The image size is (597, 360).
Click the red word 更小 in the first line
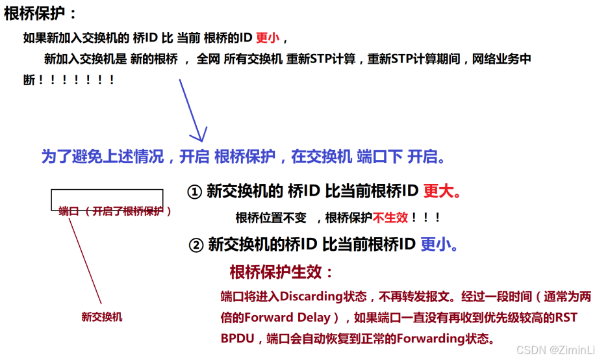point(268,38)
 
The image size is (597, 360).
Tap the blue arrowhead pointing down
point(197,135)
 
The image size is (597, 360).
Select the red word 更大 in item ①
point(438,191)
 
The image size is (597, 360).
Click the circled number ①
point(194,192)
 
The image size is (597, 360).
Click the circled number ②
point(196,245)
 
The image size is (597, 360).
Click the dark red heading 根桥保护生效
point(281,272)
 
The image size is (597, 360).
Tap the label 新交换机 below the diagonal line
point(101,317)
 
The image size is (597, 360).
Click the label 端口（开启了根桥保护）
point(115,211)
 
